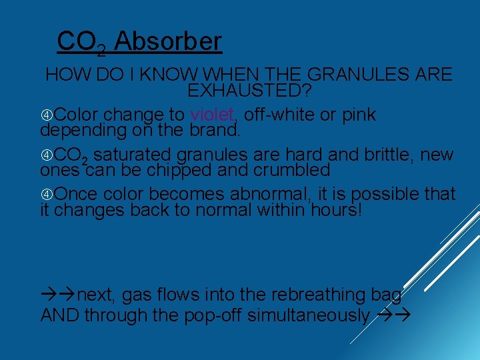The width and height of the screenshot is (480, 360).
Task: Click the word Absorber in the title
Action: [x=167, y=41]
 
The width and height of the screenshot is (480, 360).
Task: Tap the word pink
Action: [x=358, y=115]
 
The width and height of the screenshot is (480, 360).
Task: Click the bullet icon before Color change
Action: [x=47, y=115]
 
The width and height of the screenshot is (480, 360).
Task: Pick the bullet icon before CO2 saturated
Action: [x=47, y=155]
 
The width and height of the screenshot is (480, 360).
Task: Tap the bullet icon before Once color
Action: [x=47, y=195]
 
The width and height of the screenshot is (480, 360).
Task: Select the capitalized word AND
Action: [x=60, y=315]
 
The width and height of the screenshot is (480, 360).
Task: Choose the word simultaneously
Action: [x=309, y=315]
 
